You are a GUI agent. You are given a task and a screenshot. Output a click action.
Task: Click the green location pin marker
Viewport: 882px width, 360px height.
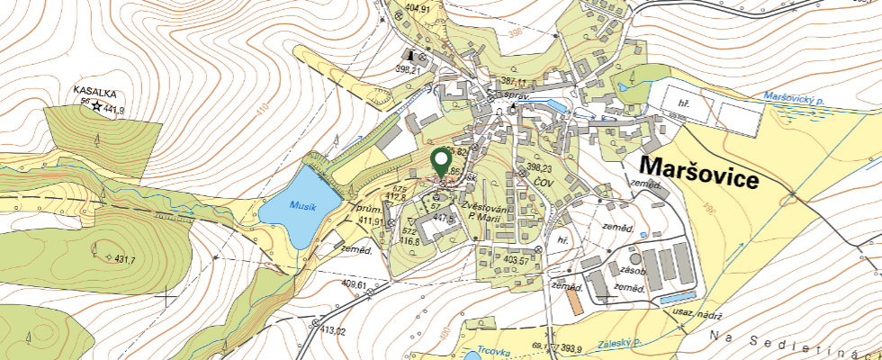(x=441, y=162)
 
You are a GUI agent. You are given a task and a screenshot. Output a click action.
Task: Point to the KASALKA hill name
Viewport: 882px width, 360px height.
(x=94, y=92)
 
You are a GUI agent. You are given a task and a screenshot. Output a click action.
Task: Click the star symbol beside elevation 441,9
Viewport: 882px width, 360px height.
(x=95, y=106)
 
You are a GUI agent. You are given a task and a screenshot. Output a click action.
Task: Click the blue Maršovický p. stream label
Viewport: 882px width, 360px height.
(x=792, y=96)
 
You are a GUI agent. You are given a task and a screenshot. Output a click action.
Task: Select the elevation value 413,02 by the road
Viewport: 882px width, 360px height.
(x=328, y=331)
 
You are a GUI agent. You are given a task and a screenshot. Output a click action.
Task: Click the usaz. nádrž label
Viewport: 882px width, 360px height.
(x=698, y=311)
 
